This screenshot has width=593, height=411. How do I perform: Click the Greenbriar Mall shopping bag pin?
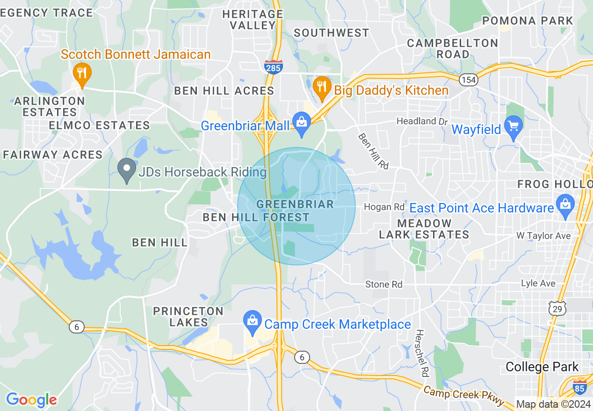[x=302, y=122]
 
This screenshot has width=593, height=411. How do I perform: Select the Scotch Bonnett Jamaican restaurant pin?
[x=82, y=73]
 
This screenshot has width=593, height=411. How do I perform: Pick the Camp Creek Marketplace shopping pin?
[x=253, y=321]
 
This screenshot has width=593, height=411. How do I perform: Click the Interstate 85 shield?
[x=579, y=387]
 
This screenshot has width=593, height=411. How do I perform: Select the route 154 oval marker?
[x=468, y=80]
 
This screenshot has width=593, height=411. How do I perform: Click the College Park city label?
[x=542, y=367]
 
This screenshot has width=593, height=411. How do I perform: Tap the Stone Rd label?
[x=383, y=284]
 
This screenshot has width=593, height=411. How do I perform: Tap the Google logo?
[x=31, y=400]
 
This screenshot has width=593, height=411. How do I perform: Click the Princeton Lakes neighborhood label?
[x=188, y=317]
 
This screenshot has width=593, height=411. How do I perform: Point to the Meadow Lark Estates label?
[x=424, y=229]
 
